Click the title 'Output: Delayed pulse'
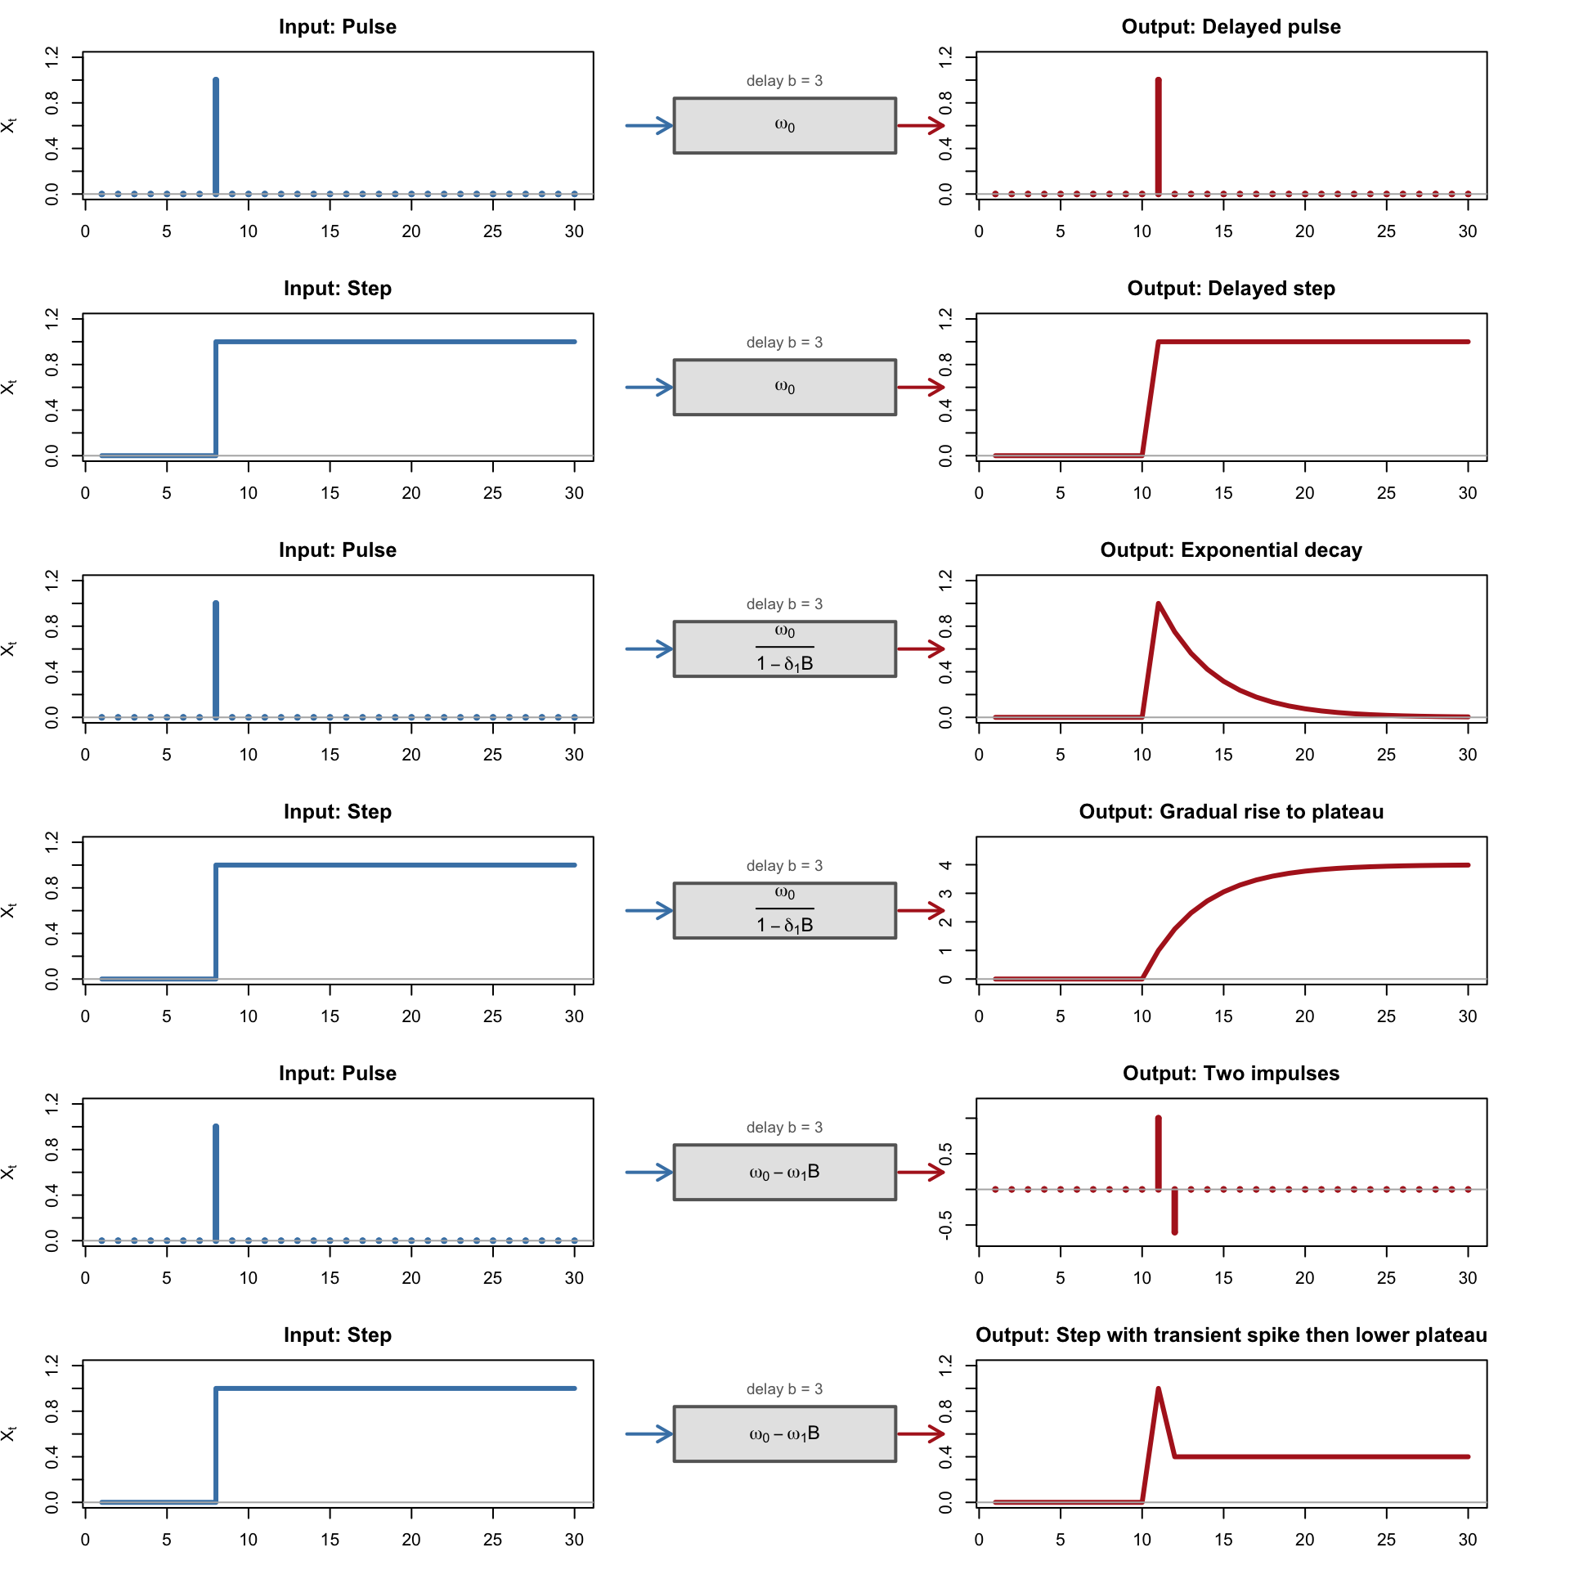[x=1231, y=27]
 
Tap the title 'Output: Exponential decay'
[x=1231, y=550]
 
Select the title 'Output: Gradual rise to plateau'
[x=1231, y=812]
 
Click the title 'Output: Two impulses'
[x=1231, y=1074]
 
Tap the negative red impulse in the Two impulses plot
[x=1174, y=1211]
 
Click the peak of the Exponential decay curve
[x=1159, y=605]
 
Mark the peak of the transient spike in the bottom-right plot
[x=1159, y=1389]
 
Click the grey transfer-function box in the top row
[x=784, y=126]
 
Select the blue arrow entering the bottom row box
[x=648, y=1434]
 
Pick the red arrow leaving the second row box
[x=920, y=388]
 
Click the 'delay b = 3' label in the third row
[x=784, y=604]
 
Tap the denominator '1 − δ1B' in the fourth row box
[x=784, y=925]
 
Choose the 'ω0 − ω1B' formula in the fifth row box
[x=784, y=1173]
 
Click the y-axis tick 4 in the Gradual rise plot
[x=946, y=865]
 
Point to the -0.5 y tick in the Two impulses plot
[x=946, y=1225]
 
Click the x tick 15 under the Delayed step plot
[x=1223, y=493]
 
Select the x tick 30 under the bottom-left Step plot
[x=574, y=1540]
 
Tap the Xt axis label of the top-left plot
[x=9, y=126]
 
